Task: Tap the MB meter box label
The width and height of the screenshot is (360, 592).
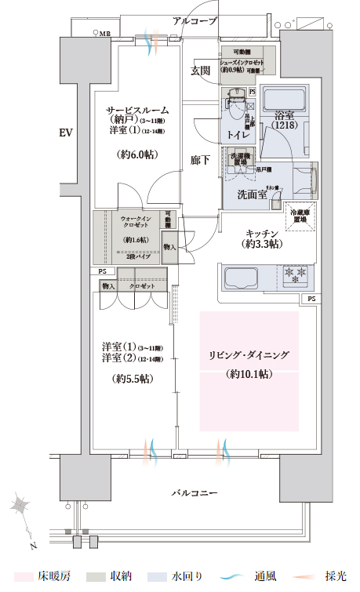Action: [104, 34]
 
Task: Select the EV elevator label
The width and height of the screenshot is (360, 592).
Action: [66, 133]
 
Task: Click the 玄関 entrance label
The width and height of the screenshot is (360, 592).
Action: [200, 71]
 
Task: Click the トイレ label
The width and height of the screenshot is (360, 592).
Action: [238, 135]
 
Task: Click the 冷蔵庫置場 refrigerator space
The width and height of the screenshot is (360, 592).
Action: [301, 217]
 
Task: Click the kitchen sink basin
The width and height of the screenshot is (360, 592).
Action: [248, 278]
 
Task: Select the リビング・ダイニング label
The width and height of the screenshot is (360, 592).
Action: [249, 355]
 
